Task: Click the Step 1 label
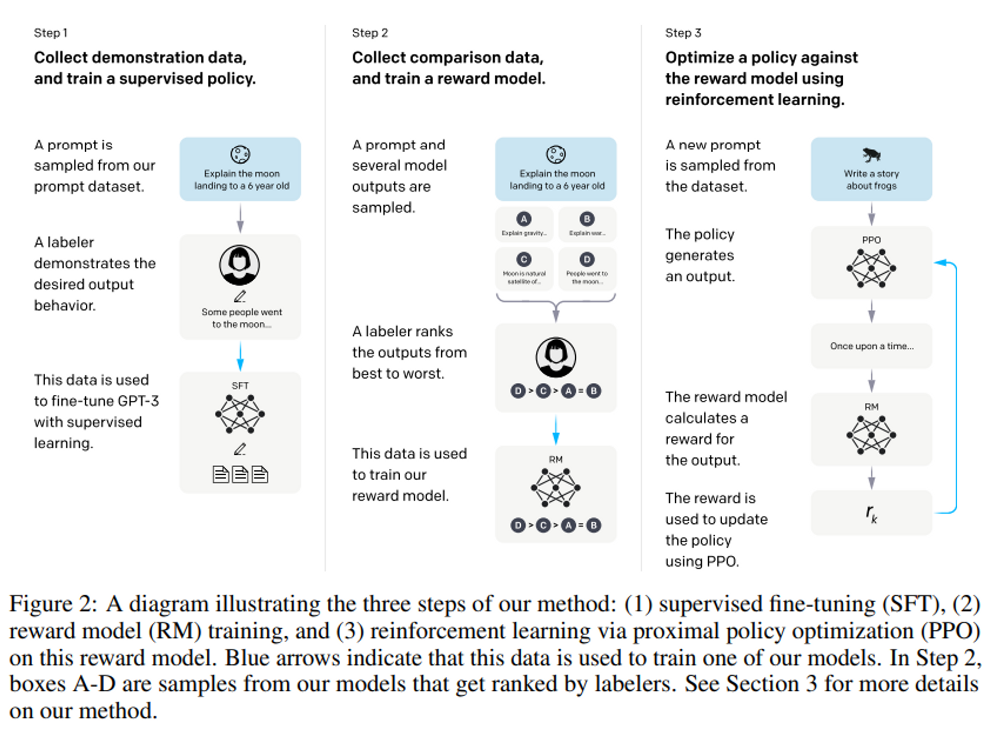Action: click(x=51, y=33)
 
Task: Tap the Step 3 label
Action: click(x=683, y=33)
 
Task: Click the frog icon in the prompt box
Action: click(x=871, y=155)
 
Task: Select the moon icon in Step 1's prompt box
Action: click(x=240, y=154)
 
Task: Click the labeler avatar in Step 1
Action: click(x=240, y=265)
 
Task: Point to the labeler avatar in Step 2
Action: click(x=556, y=357)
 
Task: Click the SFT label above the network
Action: click(x=240, y=385)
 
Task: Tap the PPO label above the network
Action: click(x=871, y=240)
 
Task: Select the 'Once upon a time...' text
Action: click(x=871, y=346)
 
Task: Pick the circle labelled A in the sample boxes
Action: click(x=524, y=219)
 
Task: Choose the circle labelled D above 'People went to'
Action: click(x=587, y=259)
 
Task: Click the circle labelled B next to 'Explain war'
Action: click(x=587, y=219)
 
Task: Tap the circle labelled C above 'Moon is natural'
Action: click(x=524, y=259)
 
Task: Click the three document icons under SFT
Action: click(x=240, y=475)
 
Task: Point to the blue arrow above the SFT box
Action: click(x=240, y=356)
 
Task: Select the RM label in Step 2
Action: click(x=556, y=459)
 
